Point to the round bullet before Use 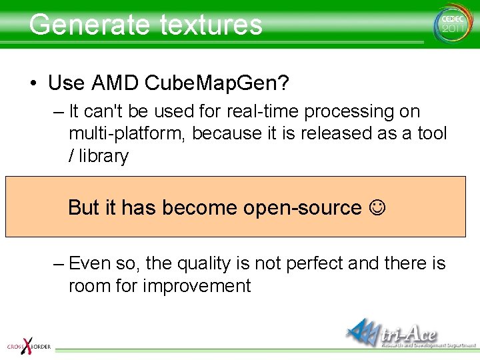(x=33, y=84)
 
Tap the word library (x=103, y=157)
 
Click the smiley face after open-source (x=377, y=208)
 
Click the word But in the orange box (x=83, y=208)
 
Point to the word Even (x=90, y=263)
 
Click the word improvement (x=197, y=287)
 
